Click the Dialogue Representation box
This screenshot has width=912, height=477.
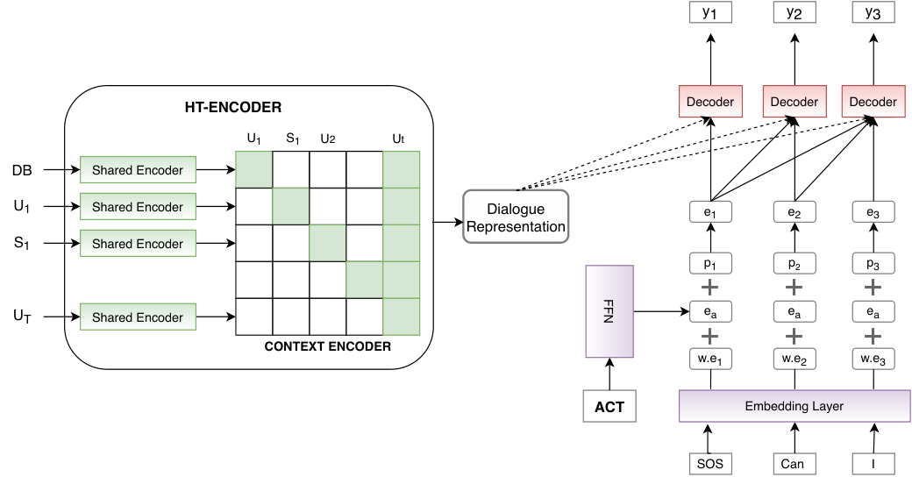516,217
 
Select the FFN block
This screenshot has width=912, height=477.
609,311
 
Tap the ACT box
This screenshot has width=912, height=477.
609,406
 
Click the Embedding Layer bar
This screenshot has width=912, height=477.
794,406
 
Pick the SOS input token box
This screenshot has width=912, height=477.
710,464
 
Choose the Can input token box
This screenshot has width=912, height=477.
794,464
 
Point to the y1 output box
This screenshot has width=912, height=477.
710,12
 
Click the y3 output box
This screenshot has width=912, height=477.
873,12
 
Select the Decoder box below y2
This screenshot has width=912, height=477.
794,101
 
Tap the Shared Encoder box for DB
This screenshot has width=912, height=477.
138,170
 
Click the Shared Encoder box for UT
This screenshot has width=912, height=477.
138,317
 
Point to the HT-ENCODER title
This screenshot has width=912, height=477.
233,107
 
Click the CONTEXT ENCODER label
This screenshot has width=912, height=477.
327,346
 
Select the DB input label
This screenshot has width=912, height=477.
22,170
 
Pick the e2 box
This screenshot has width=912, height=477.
794,212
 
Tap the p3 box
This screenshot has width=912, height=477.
873,264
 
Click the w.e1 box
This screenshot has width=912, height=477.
710,359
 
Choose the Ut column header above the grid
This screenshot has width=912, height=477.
398,139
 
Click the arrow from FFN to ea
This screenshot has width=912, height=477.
661,312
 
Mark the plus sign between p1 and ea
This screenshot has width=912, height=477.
709,288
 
